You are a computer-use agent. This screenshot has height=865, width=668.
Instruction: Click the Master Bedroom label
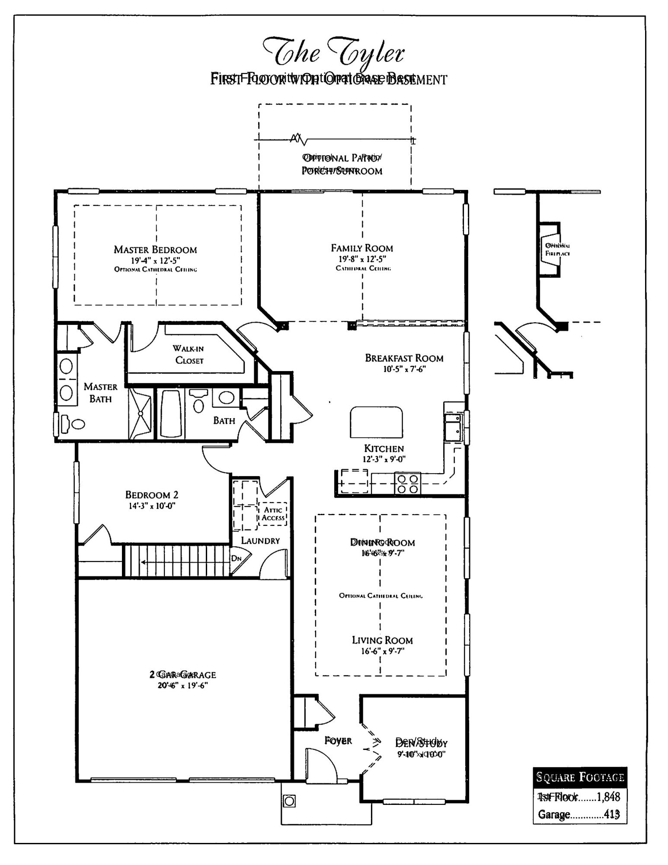(x=155, y=250)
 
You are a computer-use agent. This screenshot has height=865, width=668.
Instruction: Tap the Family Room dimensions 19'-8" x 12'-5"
(x=362, y=259)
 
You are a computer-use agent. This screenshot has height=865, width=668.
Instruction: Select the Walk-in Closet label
(x=189, y=354)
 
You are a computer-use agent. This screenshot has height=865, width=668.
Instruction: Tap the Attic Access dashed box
(x=273, y=514)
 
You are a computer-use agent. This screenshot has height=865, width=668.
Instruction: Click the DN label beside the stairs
(x=236, y=558)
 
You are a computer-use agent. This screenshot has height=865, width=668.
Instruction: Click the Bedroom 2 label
(x=152, y=495)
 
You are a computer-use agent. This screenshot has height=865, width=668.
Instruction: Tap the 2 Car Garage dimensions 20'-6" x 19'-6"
(x=182, y=686)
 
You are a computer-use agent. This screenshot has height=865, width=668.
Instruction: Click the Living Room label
(x=382, y=641)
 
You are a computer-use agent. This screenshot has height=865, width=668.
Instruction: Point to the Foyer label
(x=338, y=741)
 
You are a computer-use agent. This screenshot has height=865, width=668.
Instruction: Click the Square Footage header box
(x=580, y=777)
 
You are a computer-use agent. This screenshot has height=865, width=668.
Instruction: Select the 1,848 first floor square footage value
(x=608, y=797)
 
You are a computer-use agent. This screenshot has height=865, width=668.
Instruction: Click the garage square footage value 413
(x=612, y=814)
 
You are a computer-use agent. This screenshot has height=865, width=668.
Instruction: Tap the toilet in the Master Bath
(x=73, y=423)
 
